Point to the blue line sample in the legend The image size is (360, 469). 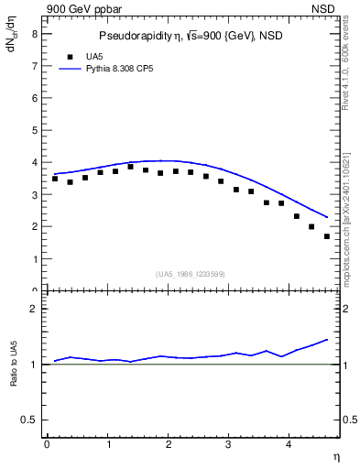click(x=71, y=69)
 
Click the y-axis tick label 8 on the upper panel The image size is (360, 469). click(x=34, y=34)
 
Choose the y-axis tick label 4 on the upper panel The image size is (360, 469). click(x=34, y=162)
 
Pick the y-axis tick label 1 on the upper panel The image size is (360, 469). click(x=34, y=259)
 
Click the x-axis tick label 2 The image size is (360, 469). click(x=169, y=445)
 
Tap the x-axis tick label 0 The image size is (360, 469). click(x=47, y=445)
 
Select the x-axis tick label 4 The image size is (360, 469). click(x=289, y=445)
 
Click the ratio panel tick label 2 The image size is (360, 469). click(x=34, y=309)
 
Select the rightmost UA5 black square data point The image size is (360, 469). click(x=327, y=236)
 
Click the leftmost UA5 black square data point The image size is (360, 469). click(x=55, y=179)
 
